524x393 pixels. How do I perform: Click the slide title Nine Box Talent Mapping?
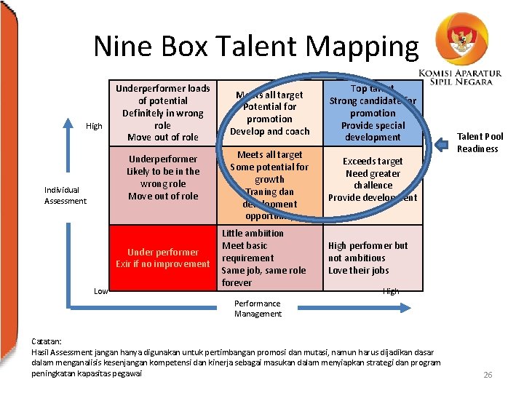tap(255, 47)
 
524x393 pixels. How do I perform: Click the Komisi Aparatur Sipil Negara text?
tap(461, 76)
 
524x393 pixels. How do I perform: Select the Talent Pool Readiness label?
tap(480, 143)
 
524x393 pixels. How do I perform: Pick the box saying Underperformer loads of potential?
tap(163, 113)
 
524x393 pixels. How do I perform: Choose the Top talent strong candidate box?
tap(373, 113)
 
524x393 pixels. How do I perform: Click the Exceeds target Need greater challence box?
tap(373, 179)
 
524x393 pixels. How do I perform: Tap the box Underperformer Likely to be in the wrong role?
tap(163, 178)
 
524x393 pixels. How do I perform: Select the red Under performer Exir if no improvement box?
tap(163, 258)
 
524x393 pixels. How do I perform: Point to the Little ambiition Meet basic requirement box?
tap(269, 258)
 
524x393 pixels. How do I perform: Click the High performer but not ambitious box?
tap(373, 258)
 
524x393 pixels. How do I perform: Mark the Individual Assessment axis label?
tap(65, 196)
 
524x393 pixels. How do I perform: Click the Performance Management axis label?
tap(258, 309)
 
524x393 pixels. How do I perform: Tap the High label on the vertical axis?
tap(94, 127)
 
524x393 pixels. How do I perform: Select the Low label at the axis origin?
tap(101, 291)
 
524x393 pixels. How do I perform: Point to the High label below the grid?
tap(391, 291)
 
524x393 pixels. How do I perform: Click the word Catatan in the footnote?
tap(47, 341)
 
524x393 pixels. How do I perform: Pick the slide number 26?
tap(488, 375)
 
